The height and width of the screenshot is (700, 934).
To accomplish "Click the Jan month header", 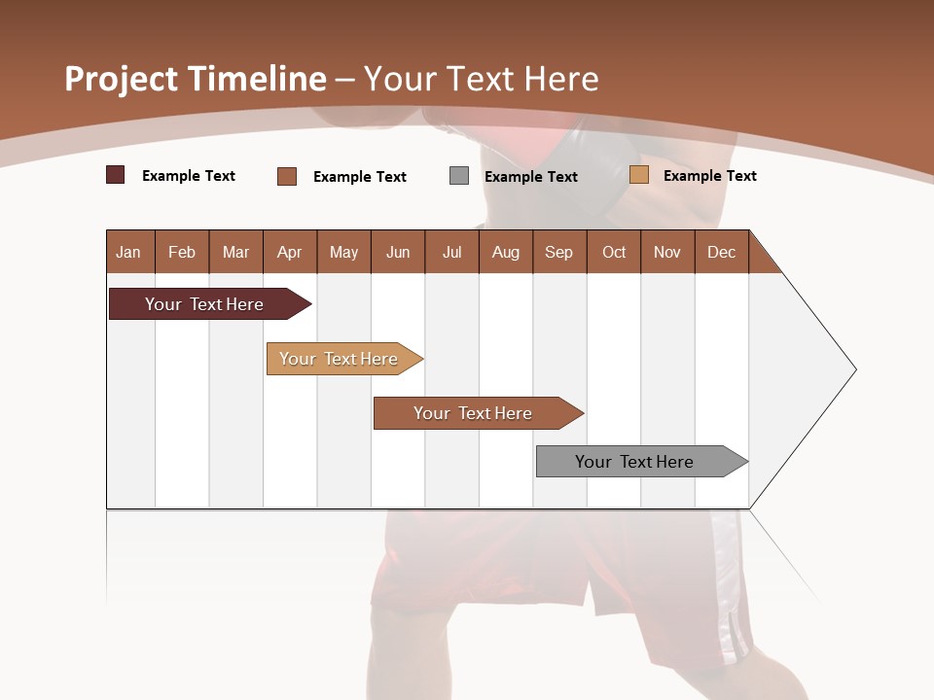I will (128, 252).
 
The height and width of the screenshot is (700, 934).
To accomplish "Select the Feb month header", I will (182, 252).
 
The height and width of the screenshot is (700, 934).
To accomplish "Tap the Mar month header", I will (235, 252).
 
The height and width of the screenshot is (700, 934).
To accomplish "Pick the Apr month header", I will (289, 252).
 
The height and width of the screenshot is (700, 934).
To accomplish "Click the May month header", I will (343, 252).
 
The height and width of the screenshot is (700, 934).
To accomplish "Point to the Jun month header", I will (398, 252).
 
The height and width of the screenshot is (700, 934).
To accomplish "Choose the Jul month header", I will (451, 252).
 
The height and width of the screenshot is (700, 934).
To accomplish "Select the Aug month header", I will (505, 252).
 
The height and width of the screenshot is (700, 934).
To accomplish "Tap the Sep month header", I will (558, 252).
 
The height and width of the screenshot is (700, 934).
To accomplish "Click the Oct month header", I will (614, 252).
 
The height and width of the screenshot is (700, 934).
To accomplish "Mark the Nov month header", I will (667, 252).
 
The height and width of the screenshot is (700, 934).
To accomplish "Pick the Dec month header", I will (721, 252).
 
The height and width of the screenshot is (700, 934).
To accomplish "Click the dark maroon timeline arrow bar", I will (204, 304).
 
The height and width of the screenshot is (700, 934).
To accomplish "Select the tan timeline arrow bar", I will (339, 359).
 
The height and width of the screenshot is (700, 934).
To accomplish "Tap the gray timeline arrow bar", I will (634, 462).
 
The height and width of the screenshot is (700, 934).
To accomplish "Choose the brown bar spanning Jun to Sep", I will (473, 413).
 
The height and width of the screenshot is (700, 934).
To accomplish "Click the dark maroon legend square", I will (115, 175).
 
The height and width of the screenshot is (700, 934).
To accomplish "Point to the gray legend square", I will (459, 175).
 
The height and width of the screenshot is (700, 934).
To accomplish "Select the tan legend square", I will (639, 175).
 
